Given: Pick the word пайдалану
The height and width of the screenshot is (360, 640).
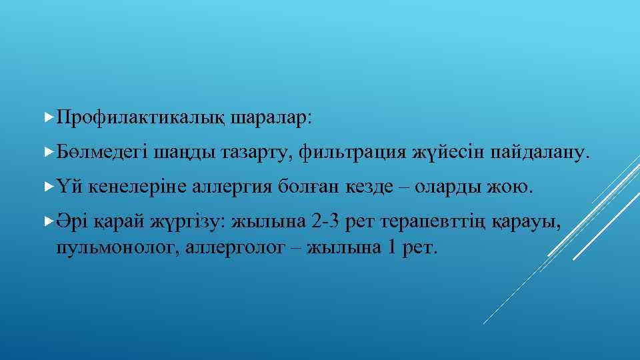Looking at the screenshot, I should pyautogui.click(x=539, y=153).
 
